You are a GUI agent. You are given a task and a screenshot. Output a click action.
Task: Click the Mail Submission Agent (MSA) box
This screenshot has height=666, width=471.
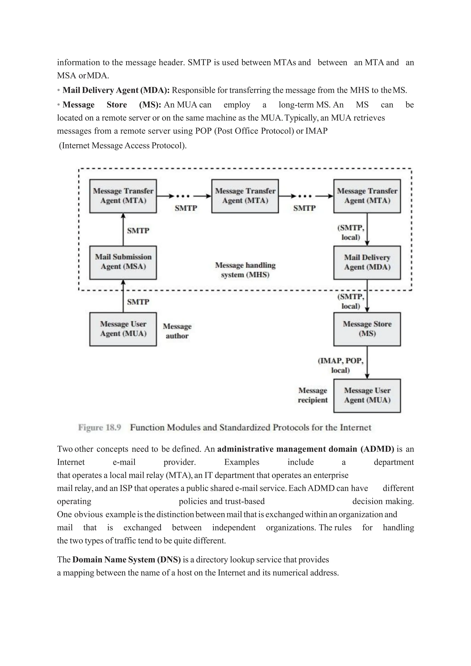(x=123, y=262)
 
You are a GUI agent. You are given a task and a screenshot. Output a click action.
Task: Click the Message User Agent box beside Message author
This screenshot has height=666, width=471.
(x=123, y=329)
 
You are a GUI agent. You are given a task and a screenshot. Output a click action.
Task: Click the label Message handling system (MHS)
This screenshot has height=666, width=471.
(x=245, y=270)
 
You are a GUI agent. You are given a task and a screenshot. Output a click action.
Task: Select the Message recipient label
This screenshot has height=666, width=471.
(x=313, y=395)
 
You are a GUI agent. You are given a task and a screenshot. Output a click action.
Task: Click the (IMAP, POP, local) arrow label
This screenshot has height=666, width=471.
(x=341, y=365)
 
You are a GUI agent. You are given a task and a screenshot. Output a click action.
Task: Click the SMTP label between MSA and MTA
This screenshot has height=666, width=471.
(x=138, y=231)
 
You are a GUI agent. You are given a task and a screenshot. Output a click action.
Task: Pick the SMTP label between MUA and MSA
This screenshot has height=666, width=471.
(x=138, y=302)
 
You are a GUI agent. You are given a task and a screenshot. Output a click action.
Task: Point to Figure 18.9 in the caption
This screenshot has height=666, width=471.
(x=100, y=428)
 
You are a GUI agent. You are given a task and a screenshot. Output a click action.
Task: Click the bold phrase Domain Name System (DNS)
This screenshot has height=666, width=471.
(x=126, y=560)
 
